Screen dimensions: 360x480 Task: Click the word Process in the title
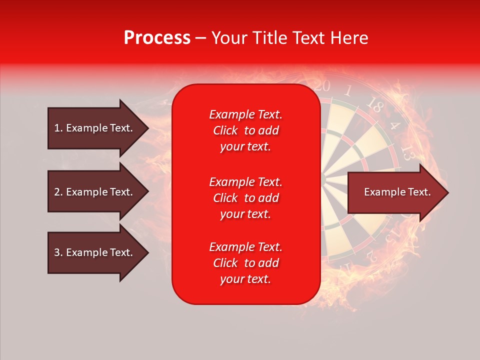pos(157,38)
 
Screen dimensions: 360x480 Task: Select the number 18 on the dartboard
pos(374,104)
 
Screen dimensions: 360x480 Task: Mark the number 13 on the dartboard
pos(407,152)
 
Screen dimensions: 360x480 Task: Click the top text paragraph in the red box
pos(245,130)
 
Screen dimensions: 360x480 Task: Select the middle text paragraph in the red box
pos(245,198)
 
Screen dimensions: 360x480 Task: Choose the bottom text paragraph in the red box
pos(245,263)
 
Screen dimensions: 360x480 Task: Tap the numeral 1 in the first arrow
pos(56,128)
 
